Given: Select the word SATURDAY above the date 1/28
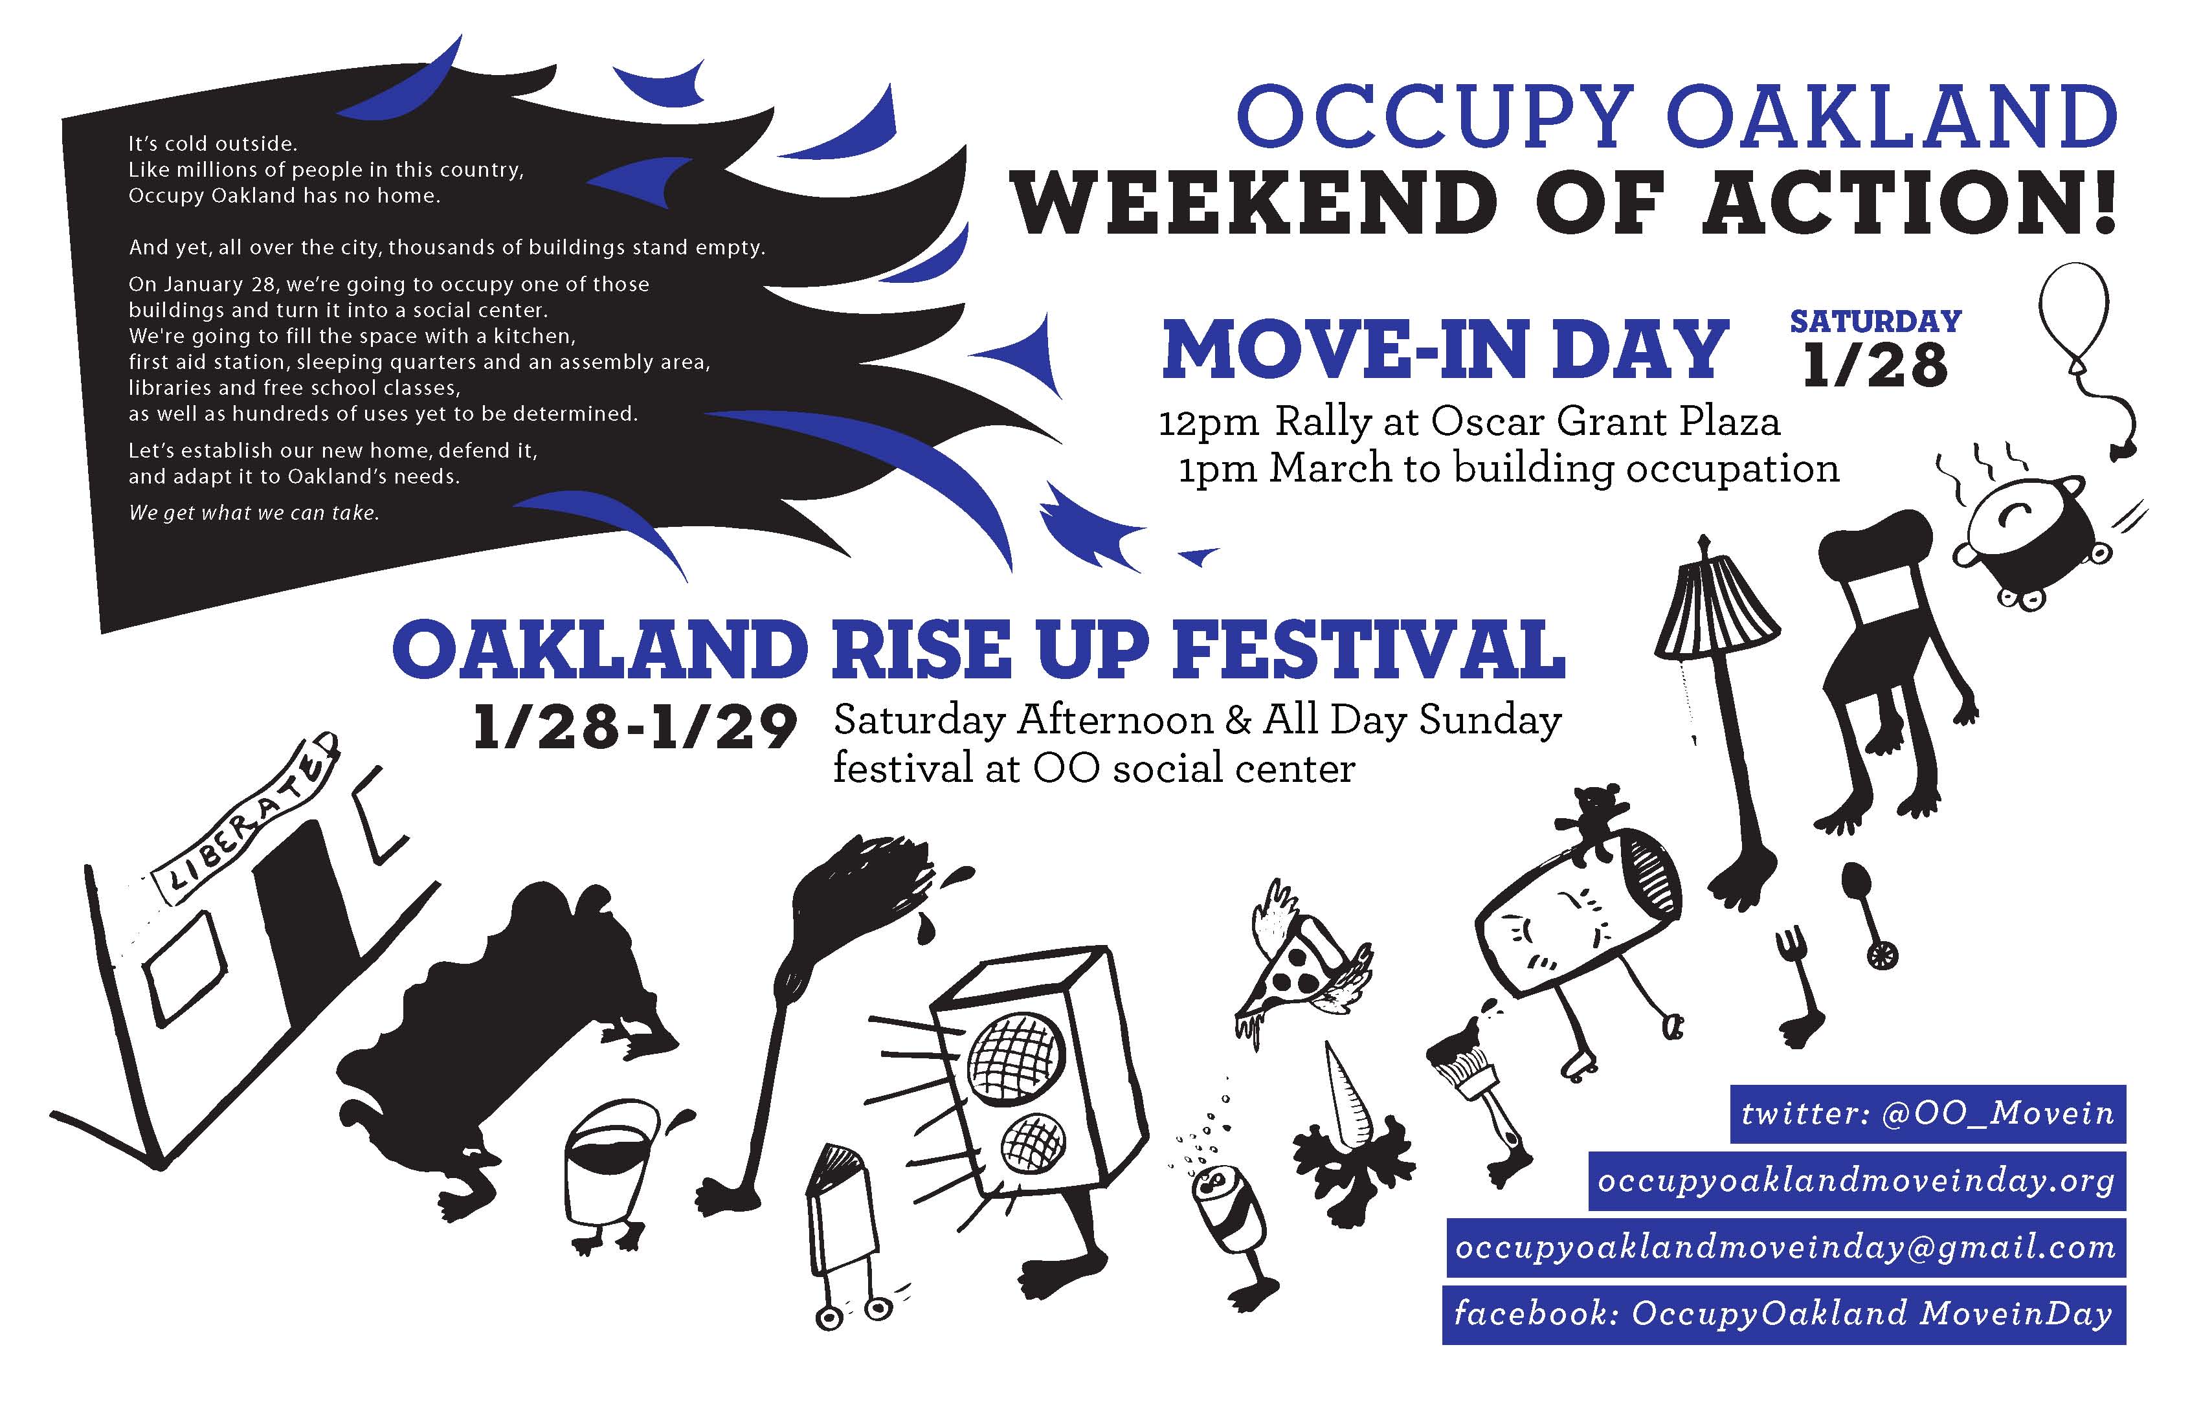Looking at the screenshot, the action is tap(1875, 321).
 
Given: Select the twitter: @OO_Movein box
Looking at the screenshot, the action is tap(1928, 1114).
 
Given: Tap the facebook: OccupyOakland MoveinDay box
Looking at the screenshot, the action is tap(1784, 1314).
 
